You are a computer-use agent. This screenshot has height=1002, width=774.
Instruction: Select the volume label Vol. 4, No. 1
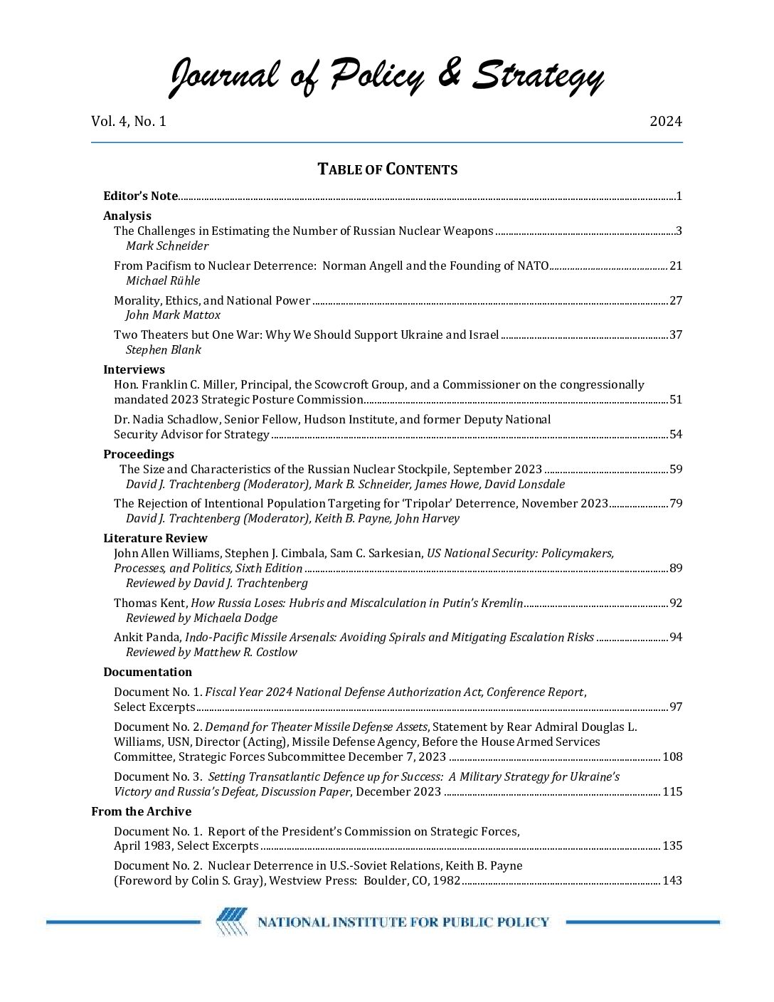(x=128, y=121)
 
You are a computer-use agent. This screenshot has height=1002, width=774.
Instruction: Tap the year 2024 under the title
(x=665, y=121)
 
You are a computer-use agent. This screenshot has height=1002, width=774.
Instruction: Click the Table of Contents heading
(x=387, y=169)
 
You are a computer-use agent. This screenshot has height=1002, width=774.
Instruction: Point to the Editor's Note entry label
(x=140, y=196)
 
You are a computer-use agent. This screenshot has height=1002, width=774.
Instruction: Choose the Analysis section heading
(x=127, y=216)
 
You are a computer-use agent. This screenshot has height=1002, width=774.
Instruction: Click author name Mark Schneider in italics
(x=167, y=246)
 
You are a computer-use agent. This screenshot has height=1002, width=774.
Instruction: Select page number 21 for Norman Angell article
(x=676, y=265)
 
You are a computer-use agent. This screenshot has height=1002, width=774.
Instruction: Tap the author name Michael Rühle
(x=163, y=280)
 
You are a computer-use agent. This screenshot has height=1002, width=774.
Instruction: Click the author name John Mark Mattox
(x=173, y=315)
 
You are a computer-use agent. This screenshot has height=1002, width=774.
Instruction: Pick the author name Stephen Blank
(x=163, y=349)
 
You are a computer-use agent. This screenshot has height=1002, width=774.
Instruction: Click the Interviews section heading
(x=134, y=369)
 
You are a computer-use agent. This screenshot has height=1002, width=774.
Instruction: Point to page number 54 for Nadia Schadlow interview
(x=676, y=434)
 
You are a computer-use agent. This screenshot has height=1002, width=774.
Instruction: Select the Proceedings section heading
(x=139, y=454)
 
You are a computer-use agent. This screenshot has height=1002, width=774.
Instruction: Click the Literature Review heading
(x=155, y=538)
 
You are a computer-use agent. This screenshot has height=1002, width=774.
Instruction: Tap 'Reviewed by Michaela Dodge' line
(x=201, y=618)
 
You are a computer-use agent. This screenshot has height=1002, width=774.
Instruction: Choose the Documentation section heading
(x=147, y=672)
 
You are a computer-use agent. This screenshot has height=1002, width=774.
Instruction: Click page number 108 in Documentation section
(x=672, y=756)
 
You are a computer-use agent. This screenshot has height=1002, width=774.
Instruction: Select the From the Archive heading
(x=141, y=811)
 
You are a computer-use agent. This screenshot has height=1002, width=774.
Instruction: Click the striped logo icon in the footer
(x=232, y=922)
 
